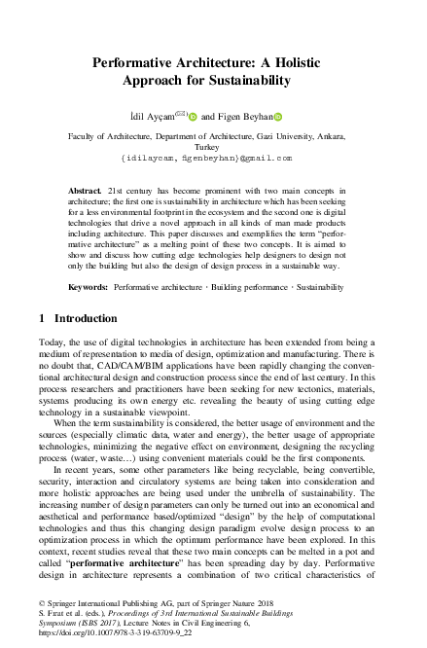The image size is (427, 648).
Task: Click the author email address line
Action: (213, 156)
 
